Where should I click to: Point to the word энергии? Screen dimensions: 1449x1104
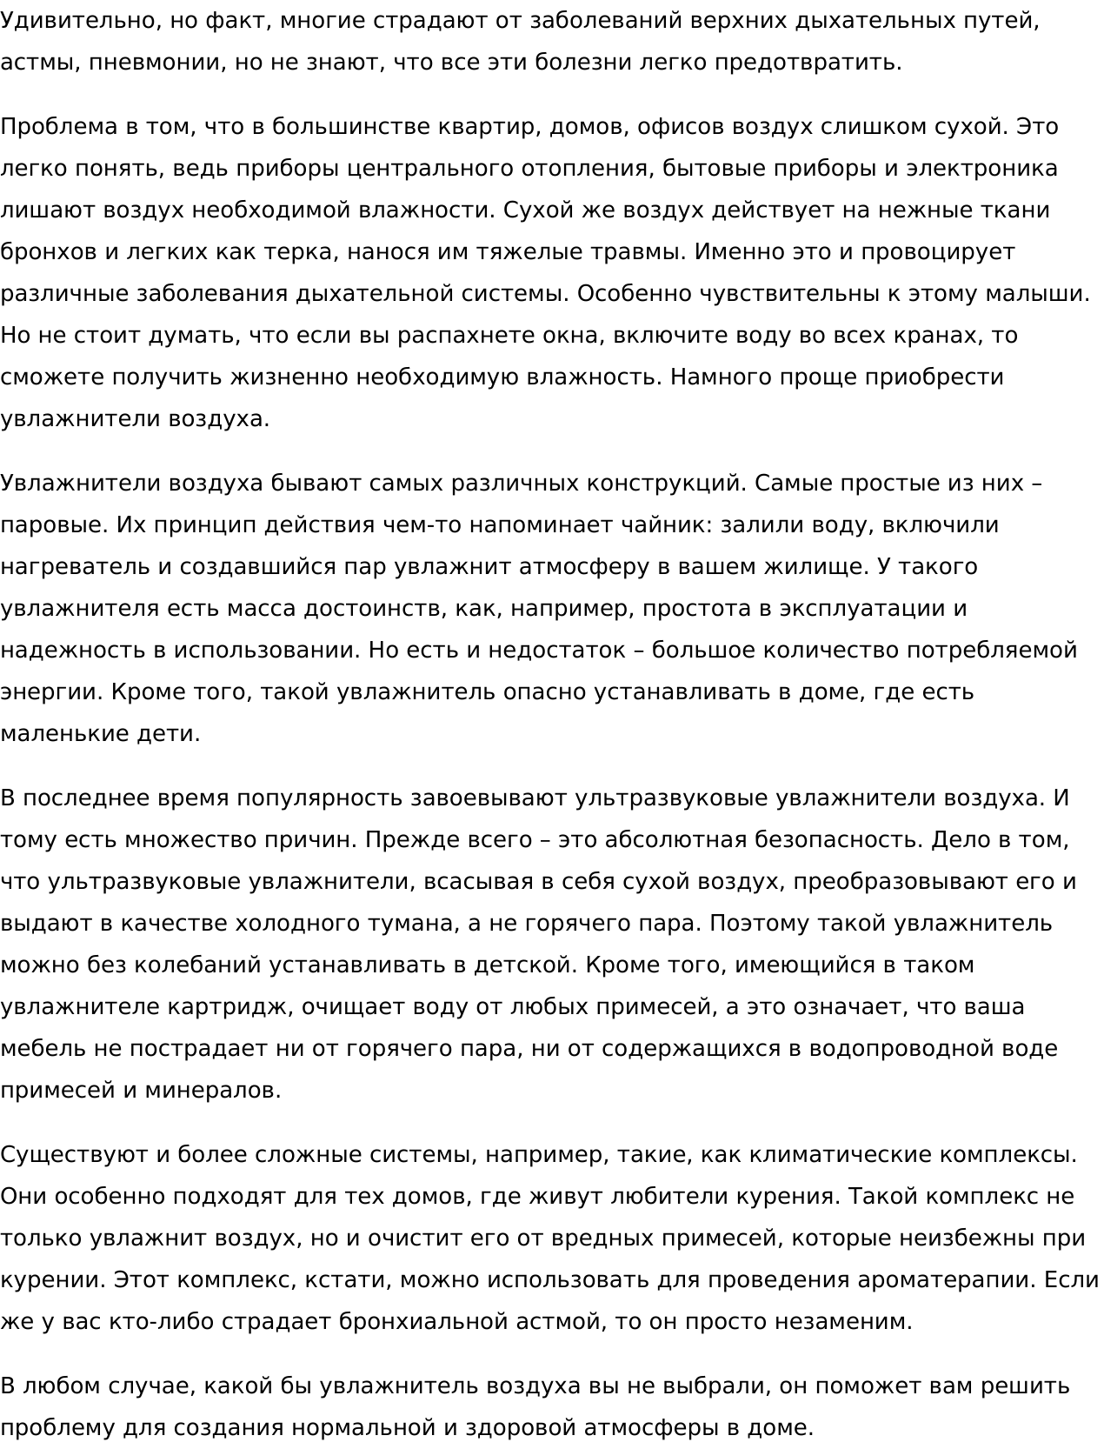51,692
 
